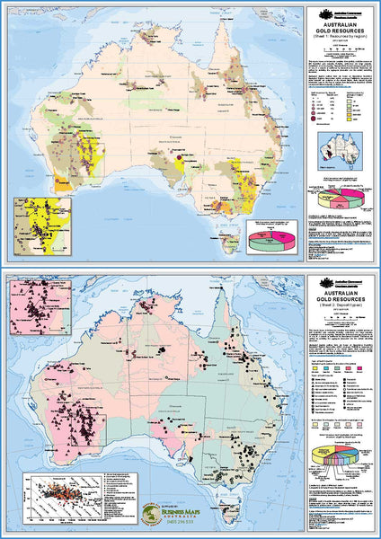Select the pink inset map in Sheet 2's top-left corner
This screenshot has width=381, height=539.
coord(39,310)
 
